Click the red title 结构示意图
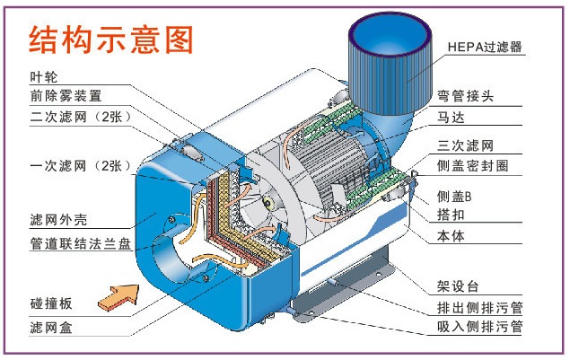tap(111, 40)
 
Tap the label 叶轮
tap(42, 77)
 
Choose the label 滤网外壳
tap(58, 219)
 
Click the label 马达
tap(452, 117)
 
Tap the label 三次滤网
tap(466, 145)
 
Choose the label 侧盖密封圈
tap(472, 167)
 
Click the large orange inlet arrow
tap(118, 294)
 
